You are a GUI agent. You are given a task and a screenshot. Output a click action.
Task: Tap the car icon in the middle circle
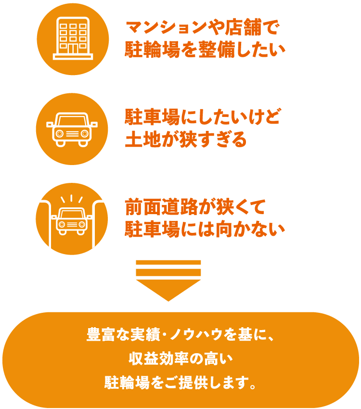(72, 129)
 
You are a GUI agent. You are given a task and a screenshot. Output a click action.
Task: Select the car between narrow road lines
(72, 221)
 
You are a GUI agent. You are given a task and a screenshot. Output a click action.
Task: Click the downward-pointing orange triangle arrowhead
(168, 290)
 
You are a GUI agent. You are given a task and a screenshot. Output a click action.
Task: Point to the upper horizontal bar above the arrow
(168, 262)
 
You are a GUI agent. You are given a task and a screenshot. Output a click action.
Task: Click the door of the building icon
(73, 49)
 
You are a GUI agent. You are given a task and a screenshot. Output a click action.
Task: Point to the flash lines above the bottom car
(72, 198)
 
